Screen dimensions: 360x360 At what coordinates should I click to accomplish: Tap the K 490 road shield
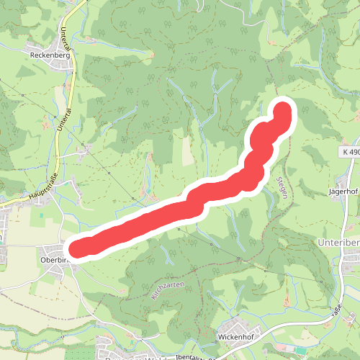pyautogui.click(x=350, y=152)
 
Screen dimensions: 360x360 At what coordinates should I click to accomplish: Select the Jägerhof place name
pyautogui.click(x=343, y=192)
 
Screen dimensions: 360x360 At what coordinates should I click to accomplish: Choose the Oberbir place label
pyautogui.click(x=55, y=260)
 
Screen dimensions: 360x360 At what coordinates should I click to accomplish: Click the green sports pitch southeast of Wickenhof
pyautogui.click(x=300, y=351)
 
